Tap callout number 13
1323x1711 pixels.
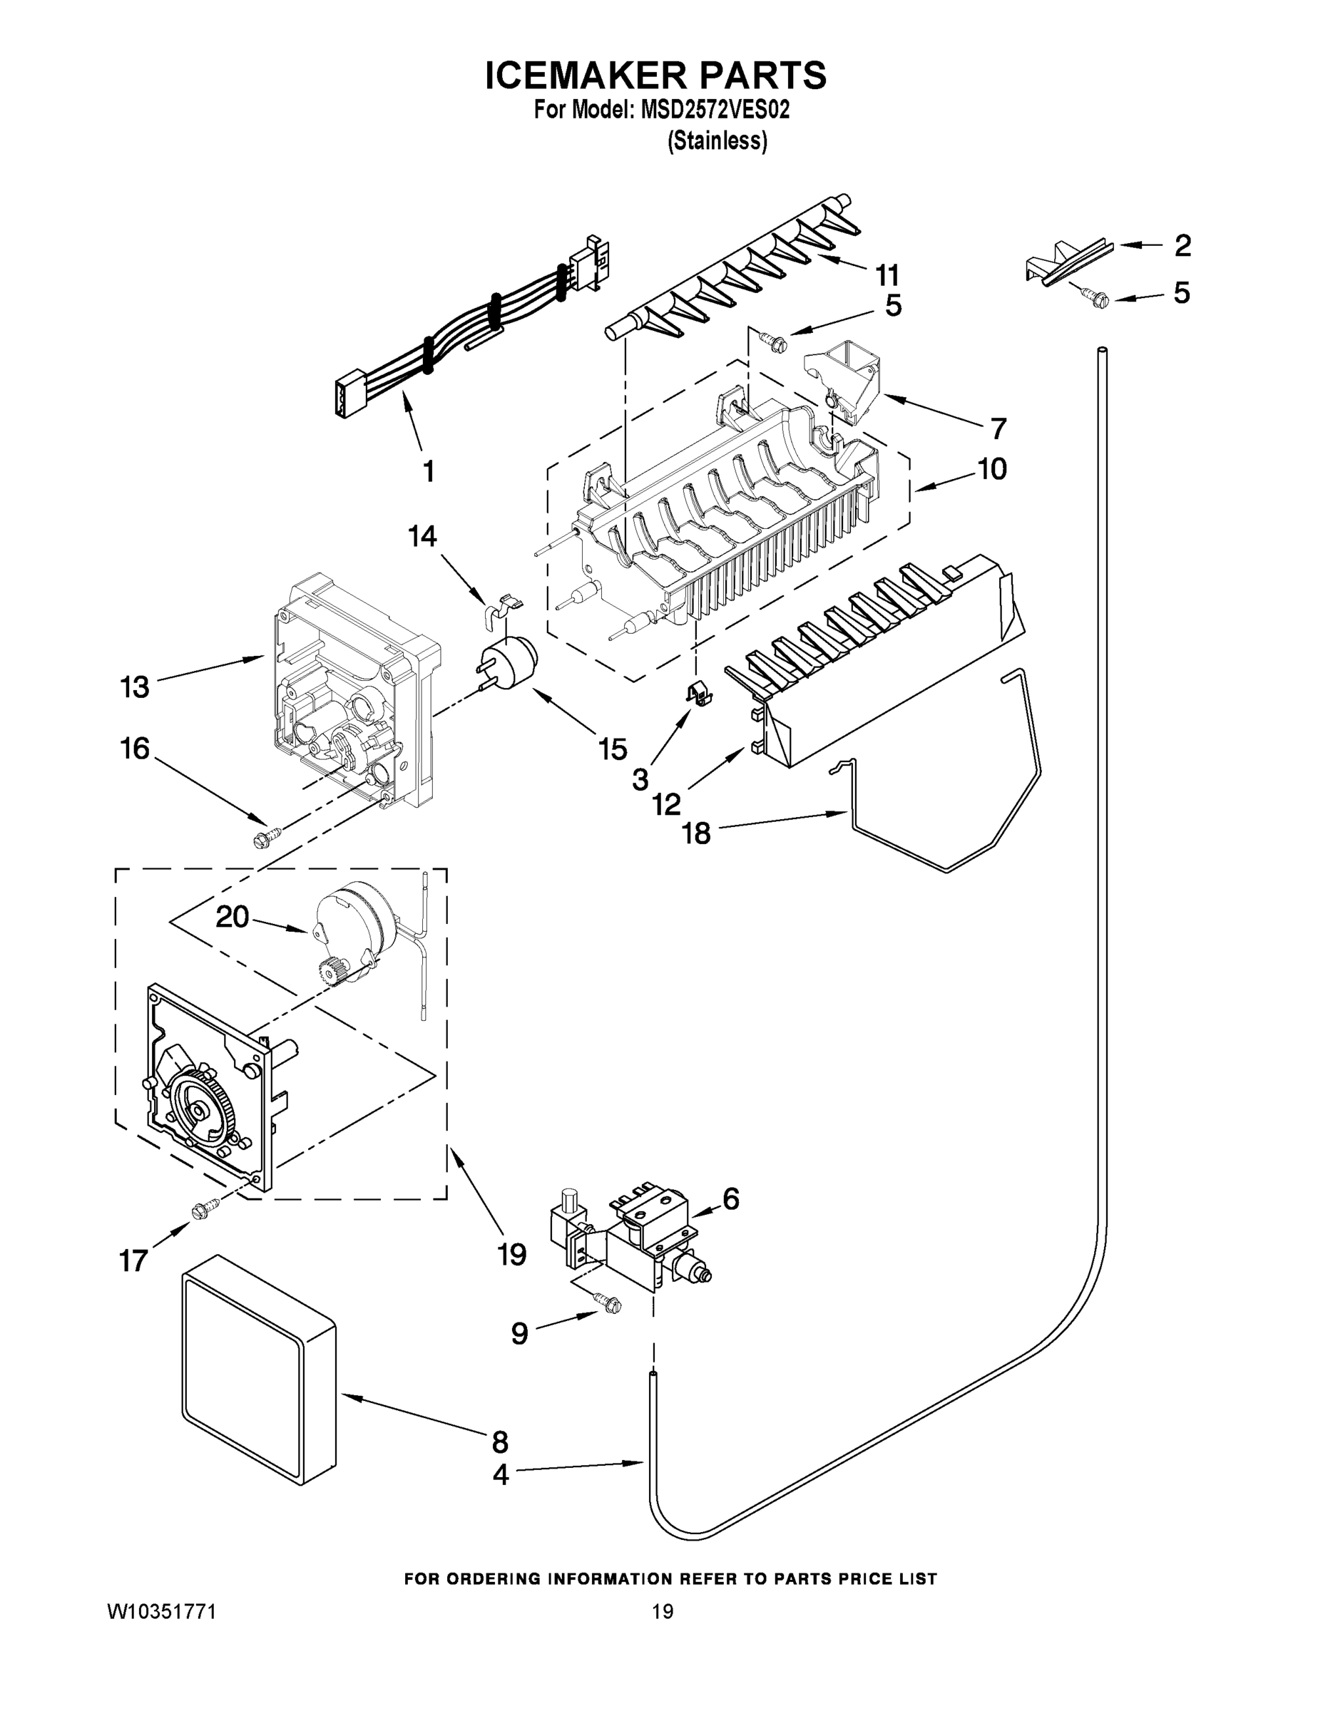point(135,687)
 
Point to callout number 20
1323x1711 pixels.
point(232,916)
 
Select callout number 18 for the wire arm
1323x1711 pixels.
point(696,833)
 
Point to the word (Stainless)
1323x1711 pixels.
point(716,141)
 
